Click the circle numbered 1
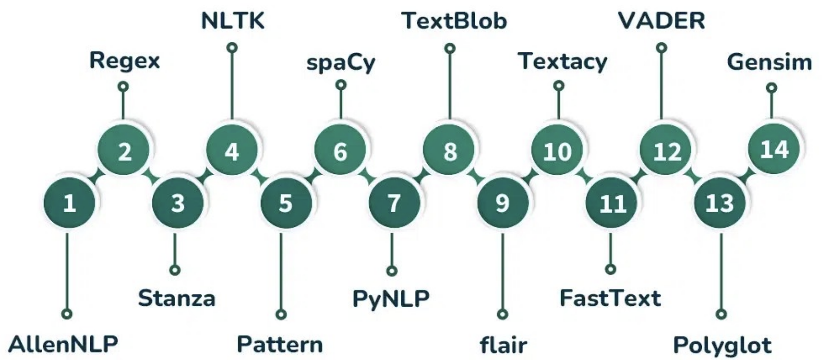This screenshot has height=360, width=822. point(69,203)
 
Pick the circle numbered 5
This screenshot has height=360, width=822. point(286,203)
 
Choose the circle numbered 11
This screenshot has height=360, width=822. point(611,203)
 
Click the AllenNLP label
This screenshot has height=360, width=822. point(63,344)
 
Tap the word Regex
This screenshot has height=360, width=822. point(124,60)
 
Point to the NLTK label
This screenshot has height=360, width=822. point(232,21)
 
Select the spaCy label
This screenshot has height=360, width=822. point(341,62)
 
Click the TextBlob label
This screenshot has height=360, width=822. point(454,21)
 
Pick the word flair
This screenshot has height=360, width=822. point(503,345)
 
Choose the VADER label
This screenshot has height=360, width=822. point(661,21)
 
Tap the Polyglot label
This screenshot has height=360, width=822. point(722,345)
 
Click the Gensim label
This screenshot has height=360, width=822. point(769,62)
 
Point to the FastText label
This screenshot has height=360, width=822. point(610,298)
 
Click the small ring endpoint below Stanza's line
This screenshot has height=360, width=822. point(175,270)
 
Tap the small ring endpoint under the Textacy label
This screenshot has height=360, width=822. point(558,85)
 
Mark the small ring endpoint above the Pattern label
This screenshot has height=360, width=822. point(281,314)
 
